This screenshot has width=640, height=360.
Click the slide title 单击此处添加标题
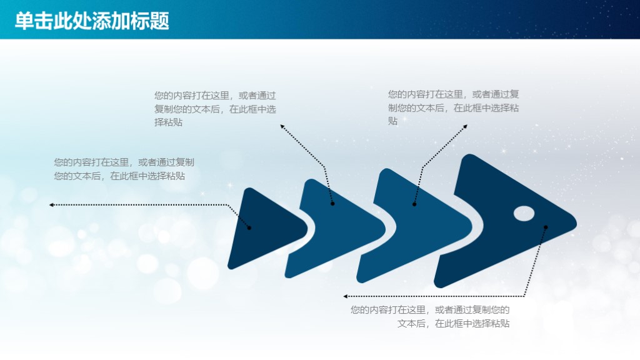coord(92,21)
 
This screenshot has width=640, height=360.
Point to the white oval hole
coord(524,213)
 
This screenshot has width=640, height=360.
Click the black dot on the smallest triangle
coord(249,227)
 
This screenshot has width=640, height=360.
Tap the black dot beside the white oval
coord(546,226)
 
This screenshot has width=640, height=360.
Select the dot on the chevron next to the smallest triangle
coord(332,203)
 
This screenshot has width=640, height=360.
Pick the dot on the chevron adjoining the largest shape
coord(414,204)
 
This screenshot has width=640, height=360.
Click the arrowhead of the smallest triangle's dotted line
coord(51,204)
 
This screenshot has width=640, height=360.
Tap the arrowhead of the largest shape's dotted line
coord(346,296)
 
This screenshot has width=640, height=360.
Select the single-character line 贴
coord(392,121)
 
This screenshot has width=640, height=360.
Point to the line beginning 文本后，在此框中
coord(453,324)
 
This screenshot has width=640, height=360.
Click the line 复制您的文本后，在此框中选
coord(215,109)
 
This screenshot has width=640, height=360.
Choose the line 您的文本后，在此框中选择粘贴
coord(119,176)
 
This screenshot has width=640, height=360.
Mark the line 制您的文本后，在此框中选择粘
coord(453,107)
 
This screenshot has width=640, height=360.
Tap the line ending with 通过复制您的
coord(430,310)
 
